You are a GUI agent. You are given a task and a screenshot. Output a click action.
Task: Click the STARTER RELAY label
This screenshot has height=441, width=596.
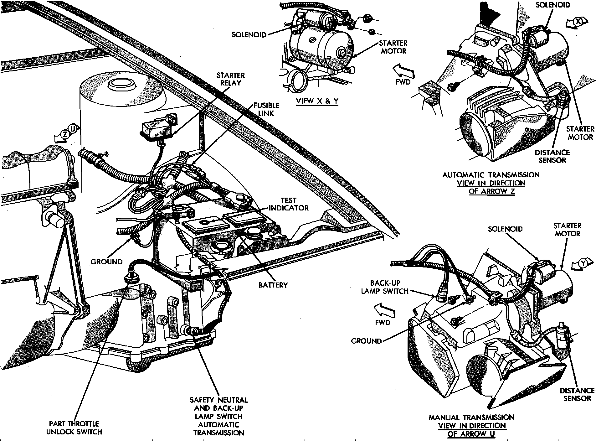[231, 79]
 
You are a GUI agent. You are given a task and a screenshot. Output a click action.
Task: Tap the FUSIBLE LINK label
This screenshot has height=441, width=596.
[266, 109]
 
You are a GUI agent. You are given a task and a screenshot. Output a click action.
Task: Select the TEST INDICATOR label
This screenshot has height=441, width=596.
[289, 204]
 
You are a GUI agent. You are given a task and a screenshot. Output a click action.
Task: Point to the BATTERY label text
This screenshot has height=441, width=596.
[273, 285]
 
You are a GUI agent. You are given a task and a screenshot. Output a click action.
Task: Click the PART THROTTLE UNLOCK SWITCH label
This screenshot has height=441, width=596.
[74, 428]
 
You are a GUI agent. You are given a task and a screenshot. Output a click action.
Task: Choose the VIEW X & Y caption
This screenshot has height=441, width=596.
[317, 101]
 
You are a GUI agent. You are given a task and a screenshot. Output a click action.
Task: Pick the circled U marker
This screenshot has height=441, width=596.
[73, 129]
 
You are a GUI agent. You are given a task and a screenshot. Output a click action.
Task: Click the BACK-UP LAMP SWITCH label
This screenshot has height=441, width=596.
[385, 287]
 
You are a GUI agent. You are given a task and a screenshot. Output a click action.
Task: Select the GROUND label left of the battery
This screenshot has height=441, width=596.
[107, 262]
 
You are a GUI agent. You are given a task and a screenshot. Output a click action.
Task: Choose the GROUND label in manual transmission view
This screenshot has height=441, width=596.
[366, 341]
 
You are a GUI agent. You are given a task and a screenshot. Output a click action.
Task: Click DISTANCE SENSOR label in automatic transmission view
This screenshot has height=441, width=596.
[552, 156]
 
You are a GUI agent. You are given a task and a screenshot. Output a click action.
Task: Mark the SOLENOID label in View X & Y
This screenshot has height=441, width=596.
[249, 34]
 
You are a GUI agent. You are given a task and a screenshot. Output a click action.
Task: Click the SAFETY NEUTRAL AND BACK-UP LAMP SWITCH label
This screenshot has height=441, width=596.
[219, 416]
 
